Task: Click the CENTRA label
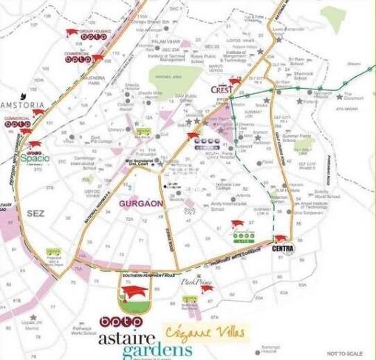283,249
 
